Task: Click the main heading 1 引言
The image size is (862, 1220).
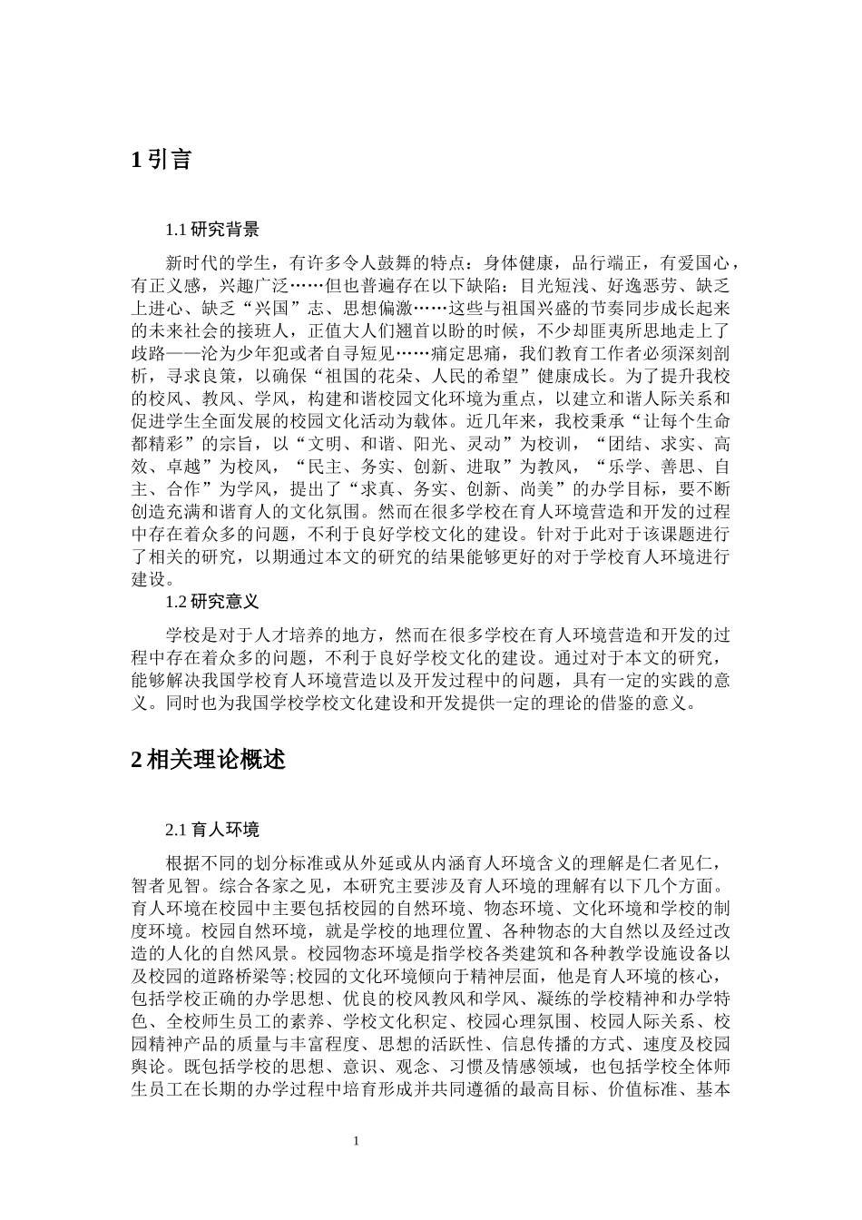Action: tap(162, 161)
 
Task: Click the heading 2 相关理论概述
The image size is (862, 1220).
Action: tap(209, 760)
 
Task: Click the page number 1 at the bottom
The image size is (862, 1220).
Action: tap(357, 1141)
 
